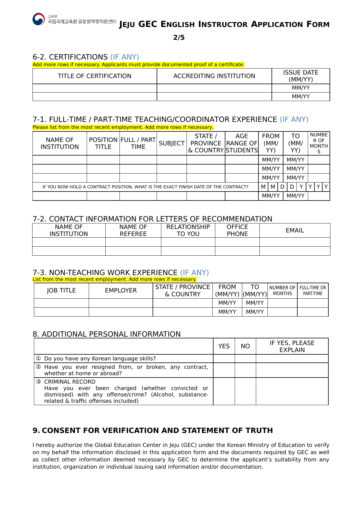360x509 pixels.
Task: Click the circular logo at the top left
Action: (x=39, y=19)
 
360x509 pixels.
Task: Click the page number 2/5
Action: (x=179, y=37)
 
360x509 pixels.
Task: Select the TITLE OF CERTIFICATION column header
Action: (x=95, y=76)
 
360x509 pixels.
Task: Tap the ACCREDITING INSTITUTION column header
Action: (x=214, y=76)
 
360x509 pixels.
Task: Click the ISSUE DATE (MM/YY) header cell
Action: (x=301, y=76)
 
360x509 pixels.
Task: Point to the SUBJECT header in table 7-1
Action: (x=171, y=143)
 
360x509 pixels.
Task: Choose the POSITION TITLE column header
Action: (x=103, y=143)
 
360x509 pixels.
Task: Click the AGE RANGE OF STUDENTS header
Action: (x=242, y=143)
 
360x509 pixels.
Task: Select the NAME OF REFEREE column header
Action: (x=133, y=230)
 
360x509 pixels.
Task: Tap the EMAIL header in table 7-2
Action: (x=295, y=230)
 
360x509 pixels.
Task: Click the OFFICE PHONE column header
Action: (x=237, y=230)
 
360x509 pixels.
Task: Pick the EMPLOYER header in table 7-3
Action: (x=121, y=290)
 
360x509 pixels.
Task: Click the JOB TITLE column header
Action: (x=61, y=290)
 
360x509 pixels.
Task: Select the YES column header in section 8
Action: (x=224, y=346)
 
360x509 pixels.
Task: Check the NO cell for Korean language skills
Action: (x=245, y=359)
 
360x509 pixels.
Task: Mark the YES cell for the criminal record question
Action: (x=224, y=391)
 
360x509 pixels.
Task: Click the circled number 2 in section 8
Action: (x=38, y=367)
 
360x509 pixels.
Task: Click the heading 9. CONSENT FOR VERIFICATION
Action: (x=153, y=430)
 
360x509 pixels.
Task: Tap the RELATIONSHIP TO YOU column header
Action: (x=188, y=230)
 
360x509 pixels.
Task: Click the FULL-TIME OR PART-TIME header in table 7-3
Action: (x=313, y=290)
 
